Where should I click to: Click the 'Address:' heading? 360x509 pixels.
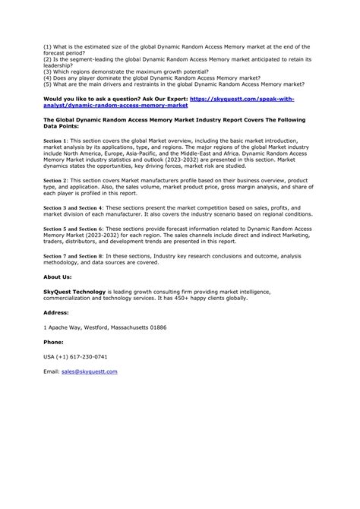pos(56,311)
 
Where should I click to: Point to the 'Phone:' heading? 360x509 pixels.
pos(54,341)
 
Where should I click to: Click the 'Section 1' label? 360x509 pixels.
pos(55,141)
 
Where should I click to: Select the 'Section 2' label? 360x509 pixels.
pos(55,181)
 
